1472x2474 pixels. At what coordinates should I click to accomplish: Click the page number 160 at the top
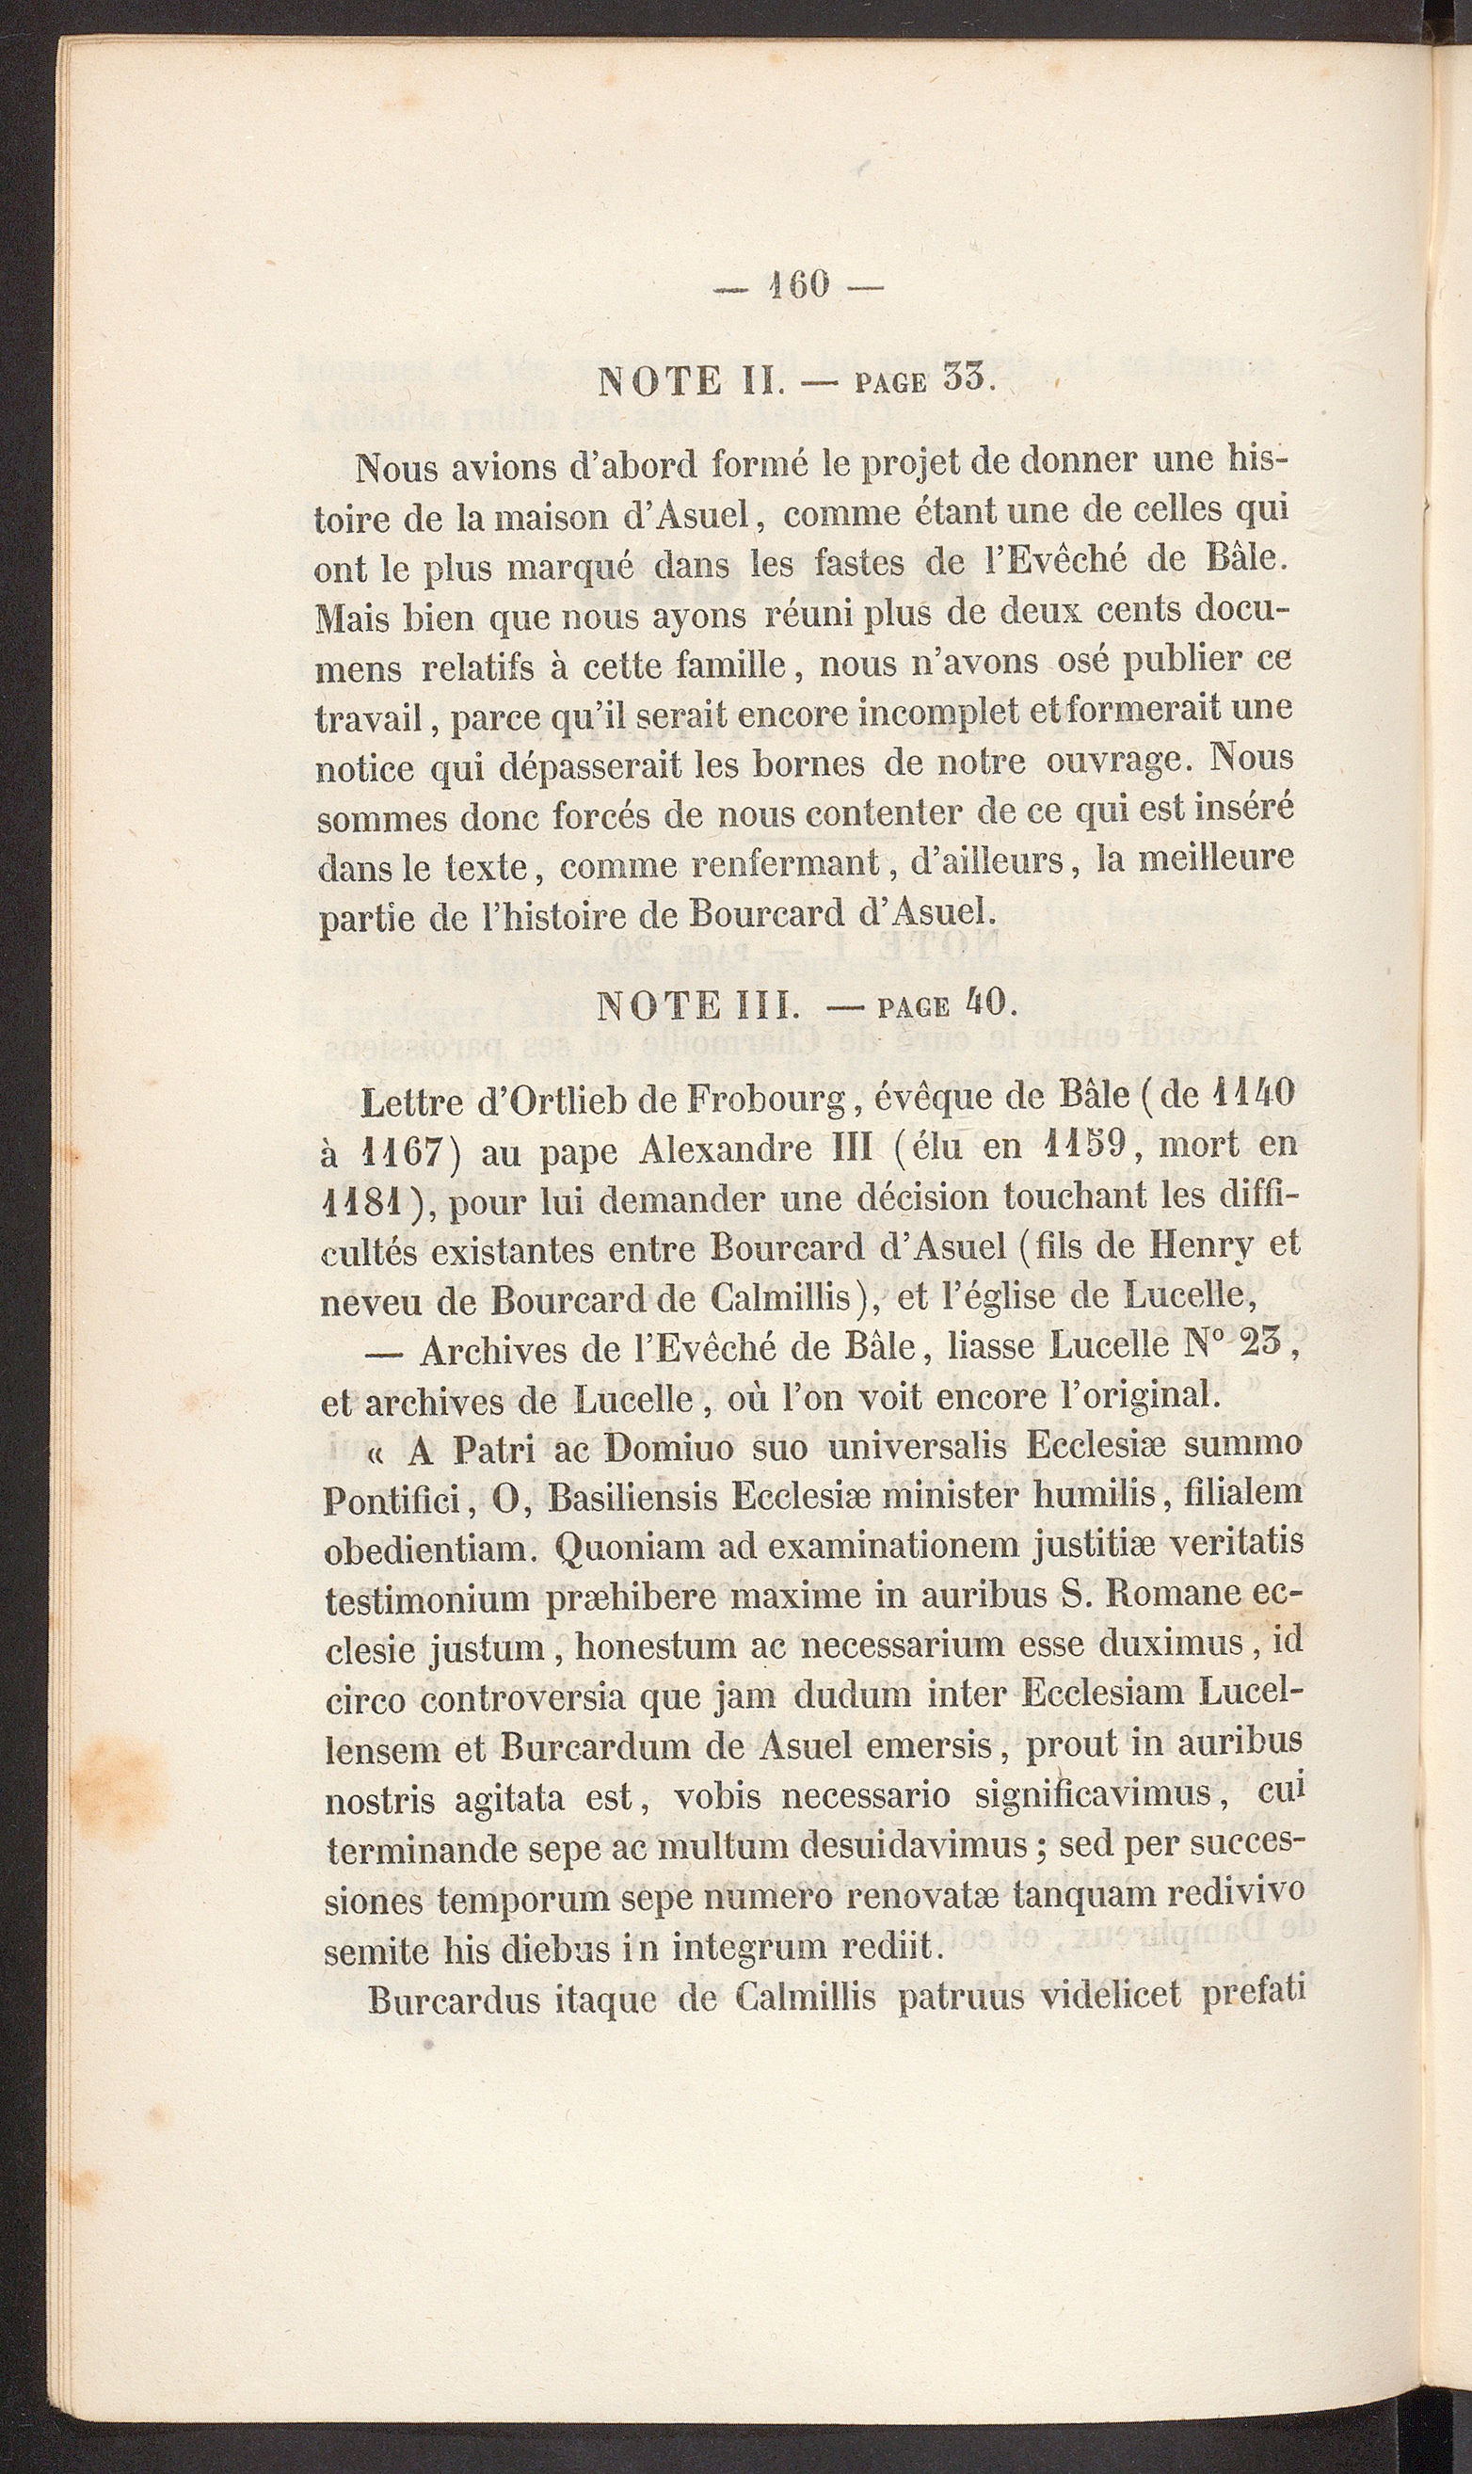tap(797, 284)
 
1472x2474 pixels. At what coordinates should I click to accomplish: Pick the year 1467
tap(408, 1152)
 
